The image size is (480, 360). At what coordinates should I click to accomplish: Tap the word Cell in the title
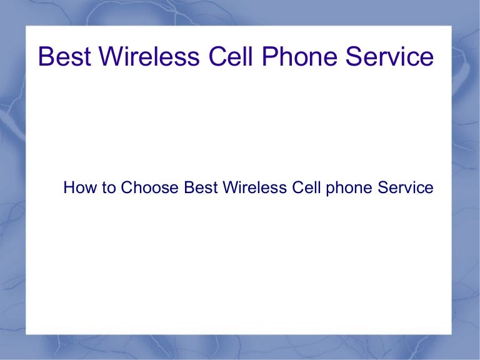click(x=226, y=57)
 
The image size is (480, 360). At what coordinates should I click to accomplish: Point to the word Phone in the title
click(x=296, y=57)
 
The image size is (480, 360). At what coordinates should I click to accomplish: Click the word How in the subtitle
click(x=78, y=187)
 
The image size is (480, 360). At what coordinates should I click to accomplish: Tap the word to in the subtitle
click(x=106, y=187)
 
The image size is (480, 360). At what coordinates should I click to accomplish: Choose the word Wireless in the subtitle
click(x=255, y=187)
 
